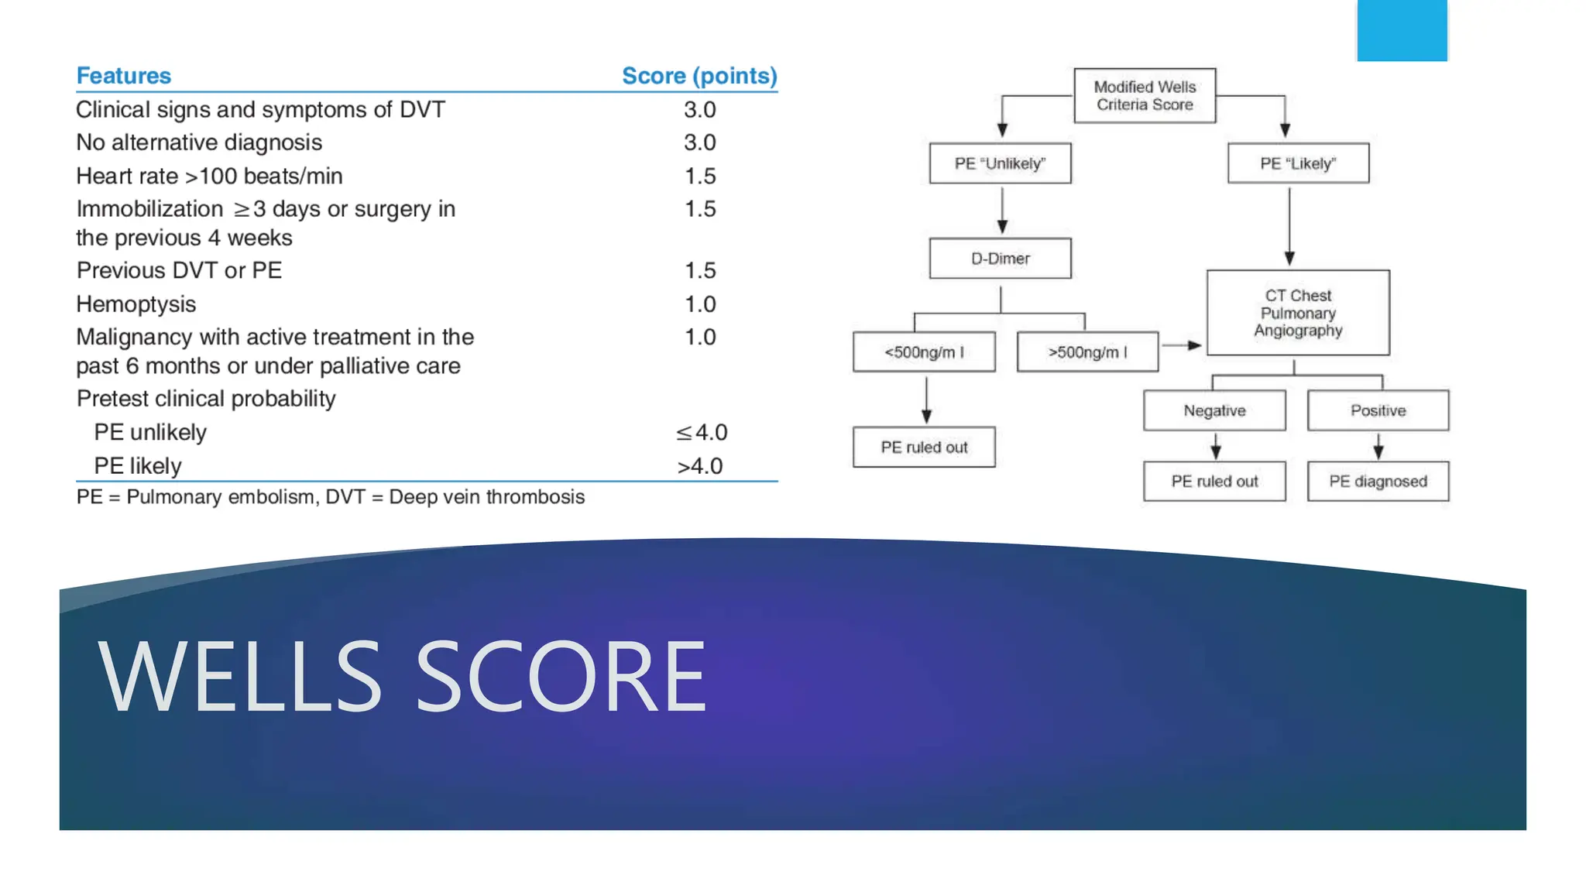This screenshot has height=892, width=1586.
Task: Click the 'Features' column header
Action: pos(123,76)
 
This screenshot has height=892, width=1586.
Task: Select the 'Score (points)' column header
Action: pos(699,76)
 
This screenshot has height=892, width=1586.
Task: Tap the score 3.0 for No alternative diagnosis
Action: pos(699,142)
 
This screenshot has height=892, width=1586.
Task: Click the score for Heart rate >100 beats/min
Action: pos(699,177)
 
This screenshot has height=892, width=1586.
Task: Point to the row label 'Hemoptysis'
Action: pos(136,304)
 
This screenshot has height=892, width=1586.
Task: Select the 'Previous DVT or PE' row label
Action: pos(179,270)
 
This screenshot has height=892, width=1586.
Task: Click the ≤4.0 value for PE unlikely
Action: pos(701,432)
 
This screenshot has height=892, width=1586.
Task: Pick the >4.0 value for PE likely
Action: pos(699,466)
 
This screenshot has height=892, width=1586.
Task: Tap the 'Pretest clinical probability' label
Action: pos(206,399)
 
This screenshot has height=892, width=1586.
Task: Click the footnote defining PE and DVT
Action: pos(330,497)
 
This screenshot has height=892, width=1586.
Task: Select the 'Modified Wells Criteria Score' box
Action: pos(1144,96)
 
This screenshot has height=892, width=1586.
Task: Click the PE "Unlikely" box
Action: pos(1000,163)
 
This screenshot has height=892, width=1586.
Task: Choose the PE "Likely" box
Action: pos(1298,163)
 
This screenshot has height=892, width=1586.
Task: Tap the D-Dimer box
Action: pos(1000,259)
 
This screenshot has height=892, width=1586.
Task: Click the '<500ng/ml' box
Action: pos(924,352)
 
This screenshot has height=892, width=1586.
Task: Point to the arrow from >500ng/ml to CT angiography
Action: pos(1182,345)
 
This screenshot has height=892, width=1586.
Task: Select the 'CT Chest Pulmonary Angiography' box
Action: pos(1298,313)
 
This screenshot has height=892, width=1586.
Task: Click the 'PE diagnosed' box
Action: pos(1378,482)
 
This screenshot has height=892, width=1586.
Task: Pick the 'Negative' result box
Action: pos(1214,410)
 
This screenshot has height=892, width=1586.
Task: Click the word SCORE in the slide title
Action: pos(561,676)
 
